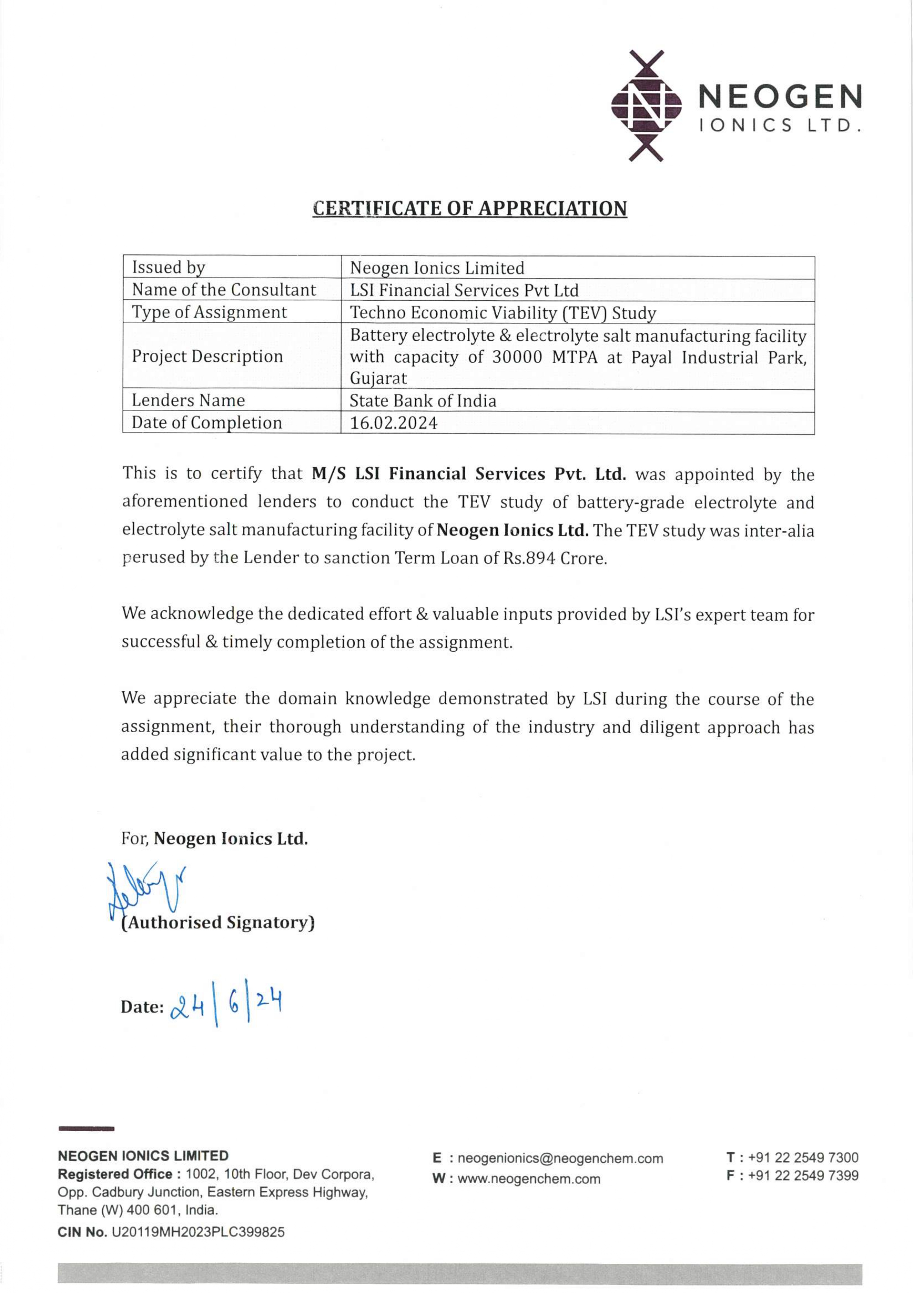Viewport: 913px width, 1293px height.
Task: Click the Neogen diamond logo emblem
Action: click(646, 105)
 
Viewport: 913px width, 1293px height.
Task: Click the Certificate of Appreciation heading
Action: click(469, 208)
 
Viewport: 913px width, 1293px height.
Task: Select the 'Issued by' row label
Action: click(168, 267)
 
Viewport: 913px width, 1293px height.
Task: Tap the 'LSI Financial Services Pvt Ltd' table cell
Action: click(464, 290)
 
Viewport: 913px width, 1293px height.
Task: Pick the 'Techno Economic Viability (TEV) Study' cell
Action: click(503, 313)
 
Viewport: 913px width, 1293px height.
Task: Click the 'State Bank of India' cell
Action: click(423, 400)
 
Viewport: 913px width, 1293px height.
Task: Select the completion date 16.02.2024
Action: click(394, 423)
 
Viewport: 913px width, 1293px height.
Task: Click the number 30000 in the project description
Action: click(517, 357)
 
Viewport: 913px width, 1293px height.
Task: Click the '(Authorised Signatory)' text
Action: click(218, 922)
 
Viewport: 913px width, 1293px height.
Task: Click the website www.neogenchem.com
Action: click(529, 1179)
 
